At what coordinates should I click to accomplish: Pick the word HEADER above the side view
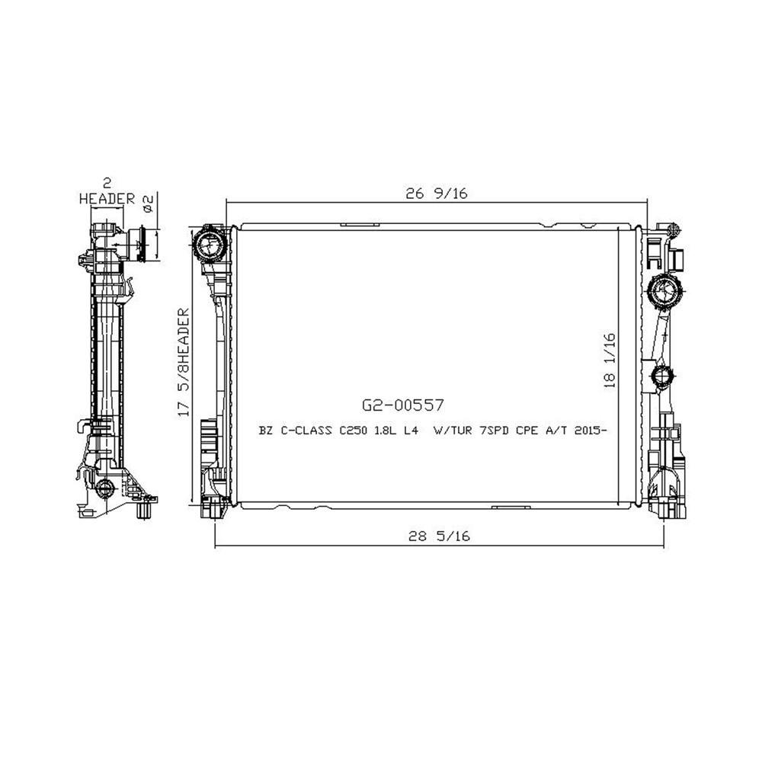[107, 198]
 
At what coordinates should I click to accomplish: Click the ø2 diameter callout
[148, 202]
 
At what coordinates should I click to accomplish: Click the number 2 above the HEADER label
[107, 183]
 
